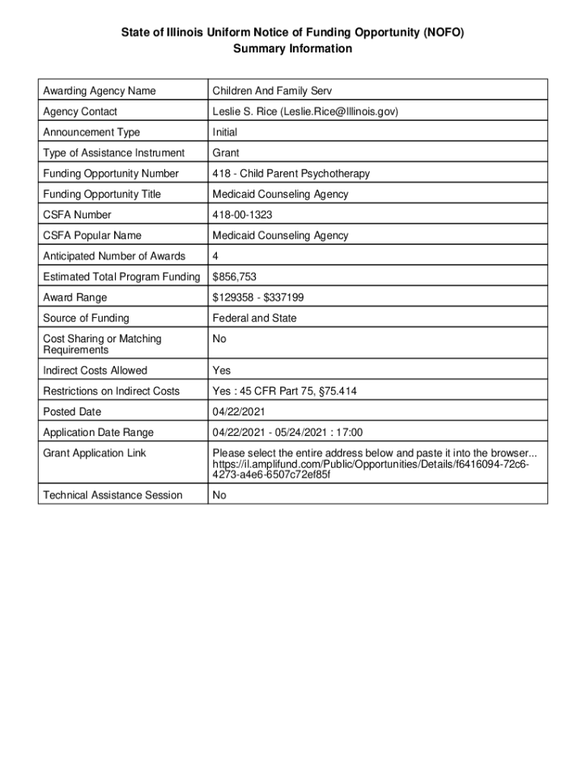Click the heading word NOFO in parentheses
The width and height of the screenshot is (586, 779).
pos(441,32)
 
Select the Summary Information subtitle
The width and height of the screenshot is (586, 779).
pos(292,49)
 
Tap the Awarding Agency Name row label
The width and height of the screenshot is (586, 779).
pos(99,91)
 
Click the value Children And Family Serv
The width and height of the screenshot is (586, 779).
pos(272,91)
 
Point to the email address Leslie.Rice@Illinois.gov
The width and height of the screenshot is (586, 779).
pos(339,112)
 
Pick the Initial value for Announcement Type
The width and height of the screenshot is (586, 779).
pos(225,132)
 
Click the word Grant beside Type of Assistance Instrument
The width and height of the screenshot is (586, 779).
pos(226,153)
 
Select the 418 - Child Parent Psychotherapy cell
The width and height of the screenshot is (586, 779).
pos(291,173)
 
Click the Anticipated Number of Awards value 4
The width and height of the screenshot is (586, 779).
pos(216,256)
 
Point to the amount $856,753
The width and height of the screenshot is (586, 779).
pos(234,277)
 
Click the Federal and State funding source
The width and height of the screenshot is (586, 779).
pos(254,318)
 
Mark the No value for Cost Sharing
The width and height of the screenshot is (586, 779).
pos(219,339)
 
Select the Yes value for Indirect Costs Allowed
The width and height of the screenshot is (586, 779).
pos(221,370)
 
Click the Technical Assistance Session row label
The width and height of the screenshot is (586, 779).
pos(113,495)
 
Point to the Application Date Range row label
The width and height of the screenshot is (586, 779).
pos(98,433)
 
